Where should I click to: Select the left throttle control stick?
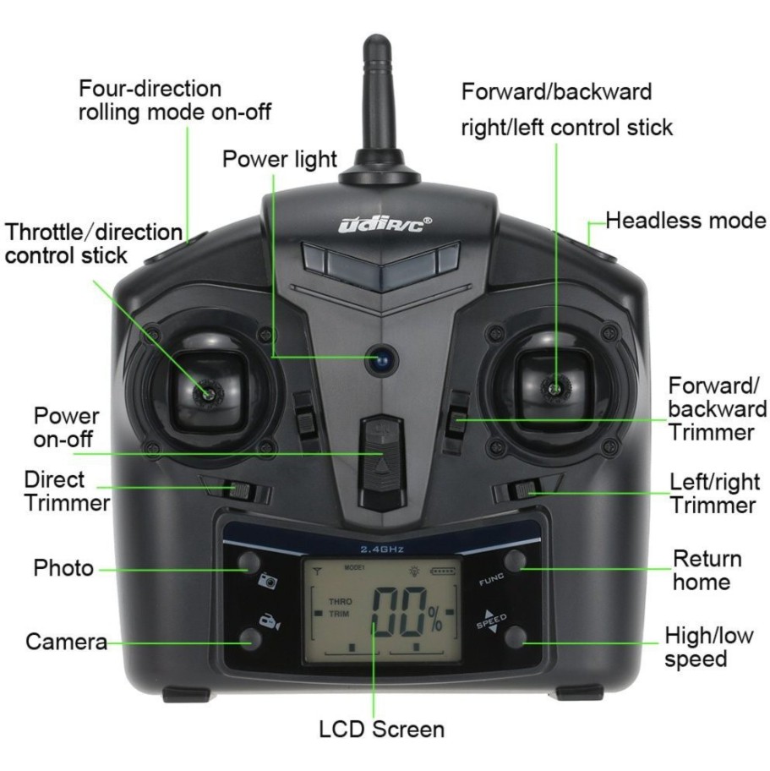point(206,391)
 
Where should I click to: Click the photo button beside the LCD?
point(249,562)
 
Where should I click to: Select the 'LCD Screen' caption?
point(381,729)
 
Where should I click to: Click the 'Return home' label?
point(707,571)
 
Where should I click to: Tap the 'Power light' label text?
point(280,158)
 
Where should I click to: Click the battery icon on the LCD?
point(442,572)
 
